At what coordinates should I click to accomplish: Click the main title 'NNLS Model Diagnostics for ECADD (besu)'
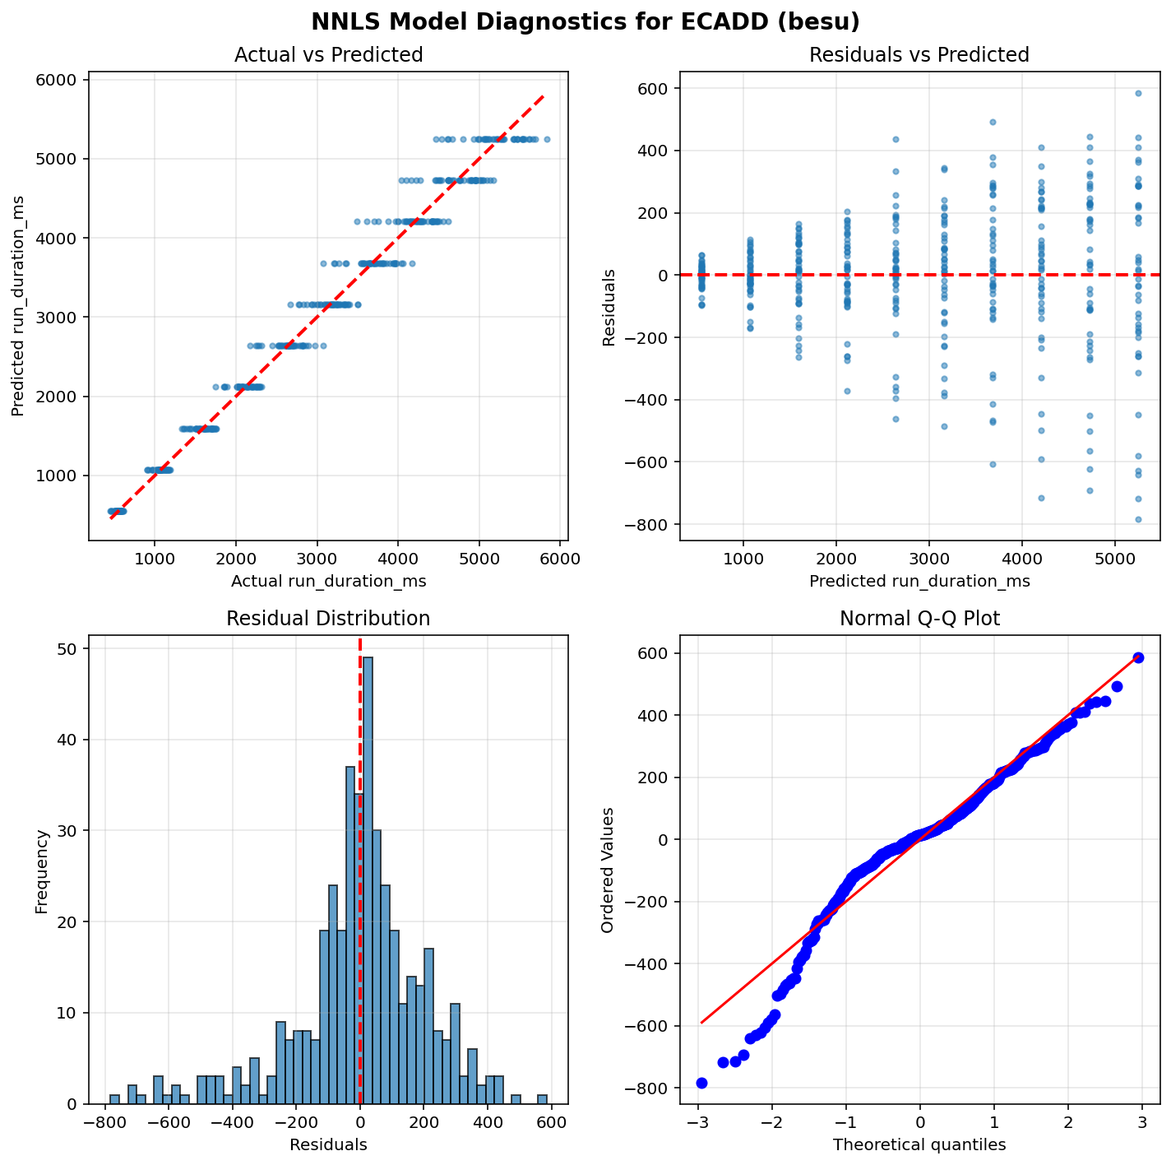(x=585, y=22)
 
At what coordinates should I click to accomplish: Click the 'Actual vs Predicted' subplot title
(x=328, y=55)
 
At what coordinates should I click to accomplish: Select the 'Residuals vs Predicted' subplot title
(x=919, y=55)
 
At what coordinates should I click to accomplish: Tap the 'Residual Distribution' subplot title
(x=328, y=619)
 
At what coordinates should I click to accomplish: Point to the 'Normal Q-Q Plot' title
(x=919, y=619)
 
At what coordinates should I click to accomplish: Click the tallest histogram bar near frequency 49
(x=368, y=880)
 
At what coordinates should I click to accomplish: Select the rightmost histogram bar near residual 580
(x=542, y=1099)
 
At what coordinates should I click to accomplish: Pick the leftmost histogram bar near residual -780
(x=114, y=1099)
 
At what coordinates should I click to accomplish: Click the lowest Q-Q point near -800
(x=701, y=1083)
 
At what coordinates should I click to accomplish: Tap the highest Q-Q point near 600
(x=1138, y=657)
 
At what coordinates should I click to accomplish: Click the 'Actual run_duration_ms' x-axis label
(x=328, y=582)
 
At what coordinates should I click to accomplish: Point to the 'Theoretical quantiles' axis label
(x=919, y=1144)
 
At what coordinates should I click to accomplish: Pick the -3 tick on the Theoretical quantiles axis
(x=697, y=1124)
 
